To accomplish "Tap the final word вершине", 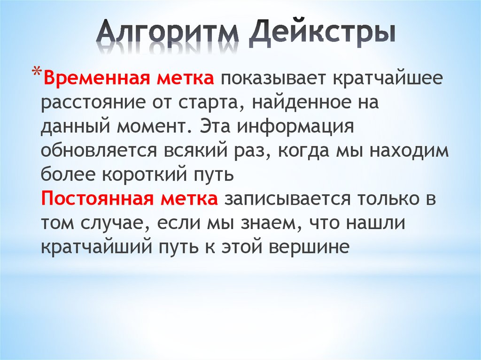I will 308,247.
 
